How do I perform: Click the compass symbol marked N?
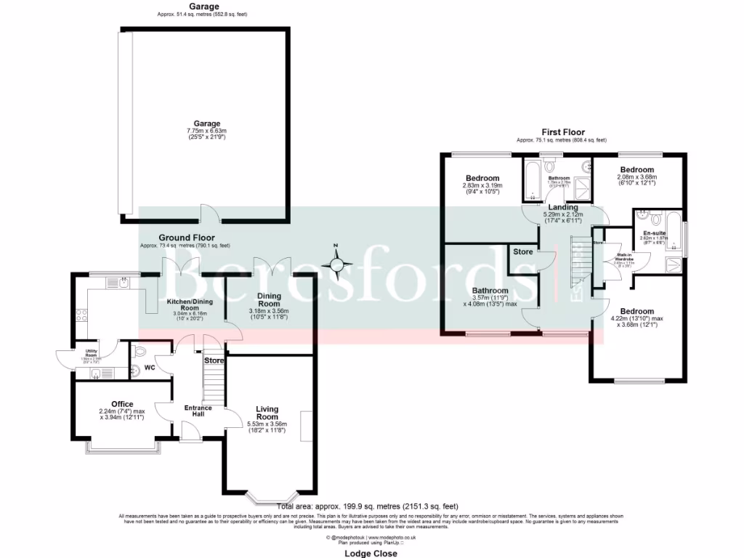pyautogui.click(x=336, y=263)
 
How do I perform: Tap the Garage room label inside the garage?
pyautogui.click(x=206, y=124)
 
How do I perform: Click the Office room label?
pyautogui.click(x=122, y=404)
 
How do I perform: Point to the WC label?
pyautogui.click(x=150, y=368)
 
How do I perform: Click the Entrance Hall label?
pyautogui.click(x=198, y=411)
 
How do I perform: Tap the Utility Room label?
pyautogui.click(x=91, y=351)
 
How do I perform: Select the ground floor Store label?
pyautogui.click(x=214, y=360)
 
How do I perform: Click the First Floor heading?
pyautogui.click(x=563, y=132)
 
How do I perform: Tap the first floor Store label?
pyautogui.click(x=523, y=252)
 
